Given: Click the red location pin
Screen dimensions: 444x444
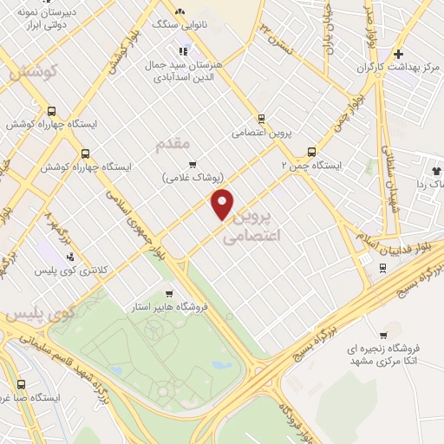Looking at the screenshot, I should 223,205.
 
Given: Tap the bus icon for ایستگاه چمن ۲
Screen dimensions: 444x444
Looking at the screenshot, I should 311,150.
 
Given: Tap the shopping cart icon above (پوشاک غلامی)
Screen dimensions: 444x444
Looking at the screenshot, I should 193,164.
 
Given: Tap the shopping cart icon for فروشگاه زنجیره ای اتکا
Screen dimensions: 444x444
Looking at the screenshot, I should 382,335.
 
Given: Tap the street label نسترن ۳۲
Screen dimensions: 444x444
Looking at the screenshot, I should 278,36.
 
